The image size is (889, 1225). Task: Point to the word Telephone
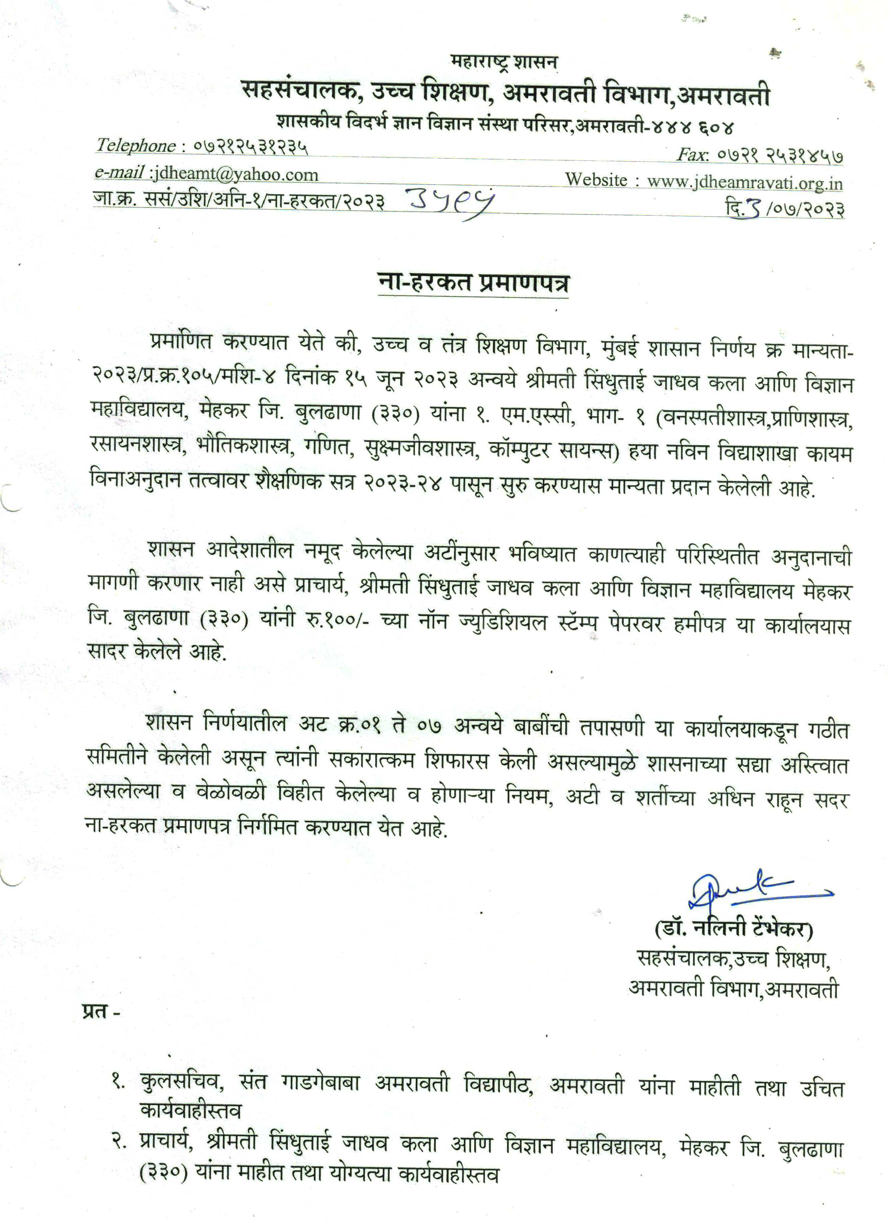[x=135, y=145]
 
